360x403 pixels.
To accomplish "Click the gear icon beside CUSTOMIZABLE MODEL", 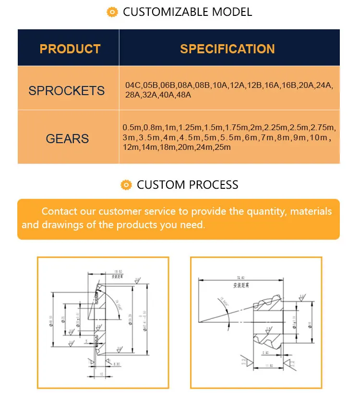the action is (x=112, y=12).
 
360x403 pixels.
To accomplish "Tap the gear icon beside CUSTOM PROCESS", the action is (x=126, y=184).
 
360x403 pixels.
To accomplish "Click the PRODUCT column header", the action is (x=70, y=49).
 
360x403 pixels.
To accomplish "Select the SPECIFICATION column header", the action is (x=227, y=49).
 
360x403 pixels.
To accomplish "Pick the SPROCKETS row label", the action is (x=67, y=91).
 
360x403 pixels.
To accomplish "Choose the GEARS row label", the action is (x=67, y=139).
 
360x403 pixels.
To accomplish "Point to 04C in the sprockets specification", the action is (x=132, y=85).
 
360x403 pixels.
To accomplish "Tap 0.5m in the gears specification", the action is (x=132, y=128).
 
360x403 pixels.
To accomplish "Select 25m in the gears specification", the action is (x=222, y=147).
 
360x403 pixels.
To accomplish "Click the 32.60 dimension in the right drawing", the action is (x=242, y=277).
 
